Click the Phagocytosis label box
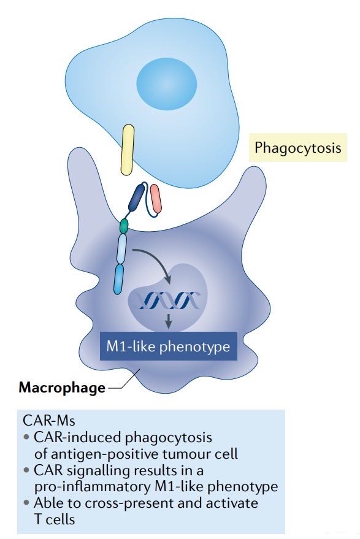[297, 148]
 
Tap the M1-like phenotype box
[168, 347]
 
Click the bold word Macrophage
[61, 388]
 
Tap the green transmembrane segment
[124, 225]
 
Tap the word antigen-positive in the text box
[100, 454]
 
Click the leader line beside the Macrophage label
[120, 386]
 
